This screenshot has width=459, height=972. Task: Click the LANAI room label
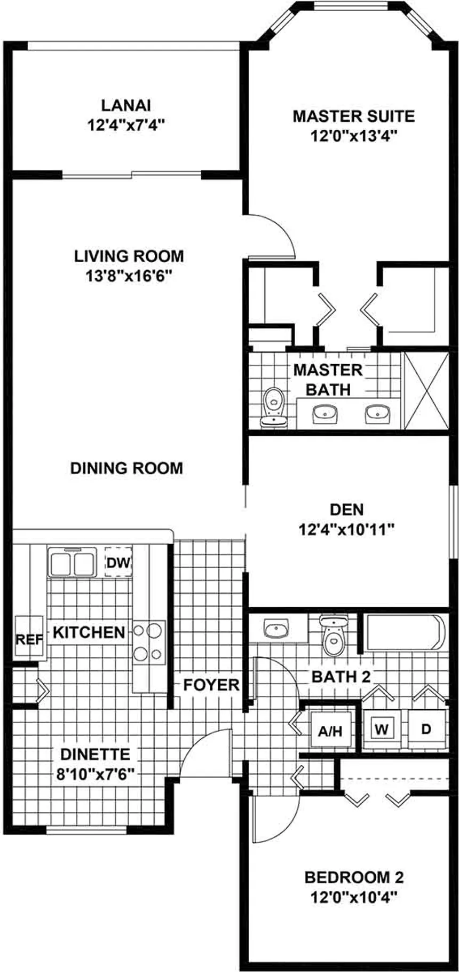(x=125, y=104)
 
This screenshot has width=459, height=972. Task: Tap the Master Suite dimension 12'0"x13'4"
(x=354, y=136)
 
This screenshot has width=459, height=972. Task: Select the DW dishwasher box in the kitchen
(x=118, y=562)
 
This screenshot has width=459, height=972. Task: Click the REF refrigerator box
(x=28, y=639)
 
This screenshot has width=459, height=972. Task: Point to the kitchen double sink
(x=72, y=563)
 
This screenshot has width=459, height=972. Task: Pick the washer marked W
(x=381, y=728)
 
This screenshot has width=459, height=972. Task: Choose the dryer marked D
(x=426, y=728)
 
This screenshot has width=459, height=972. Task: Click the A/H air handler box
(x=330, y=731)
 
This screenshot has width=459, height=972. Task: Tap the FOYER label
(x=211, y=685)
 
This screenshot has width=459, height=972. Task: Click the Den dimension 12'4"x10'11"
(x=346, y=529)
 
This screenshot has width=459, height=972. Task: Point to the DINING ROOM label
(x=126, y=468)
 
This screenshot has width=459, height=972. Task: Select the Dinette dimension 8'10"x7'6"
(x=95, y=773)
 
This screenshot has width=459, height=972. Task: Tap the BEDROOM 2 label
(x=354, y=877)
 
